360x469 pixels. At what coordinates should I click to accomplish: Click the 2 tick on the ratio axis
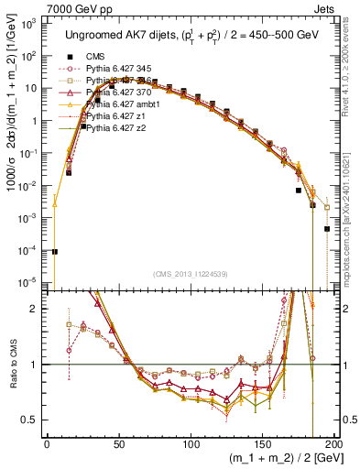click(35, 309)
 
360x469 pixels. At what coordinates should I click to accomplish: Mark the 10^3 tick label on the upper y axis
click(28, 25)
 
